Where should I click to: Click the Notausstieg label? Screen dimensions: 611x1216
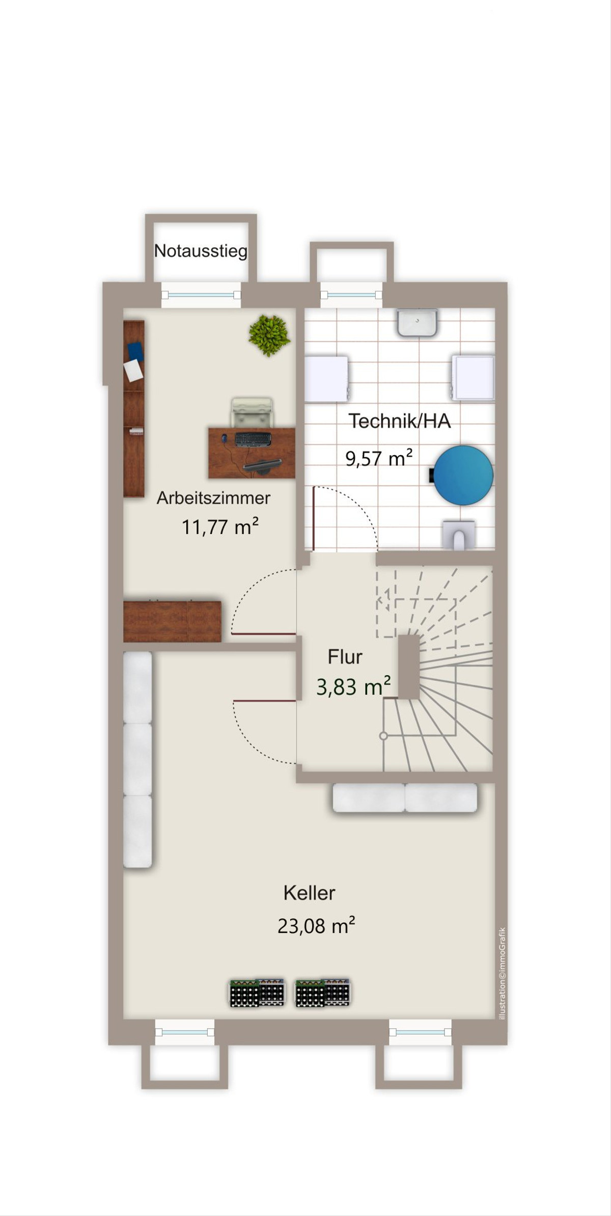(x=201, y=251)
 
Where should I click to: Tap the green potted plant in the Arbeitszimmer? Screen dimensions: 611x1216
(x=269, y=335)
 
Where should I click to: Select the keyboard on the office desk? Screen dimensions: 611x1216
(x=253, y=439)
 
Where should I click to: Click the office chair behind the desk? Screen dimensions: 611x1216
(x=252, y=412)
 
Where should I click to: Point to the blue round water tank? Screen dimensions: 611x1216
(x=463, y=475)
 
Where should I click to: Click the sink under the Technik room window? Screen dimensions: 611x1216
(x=417, y=322)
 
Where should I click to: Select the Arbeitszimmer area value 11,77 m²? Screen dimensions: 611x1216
(x=220, y=527)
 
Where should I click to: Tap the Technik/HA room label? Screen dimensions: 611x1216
(x=400, y=421)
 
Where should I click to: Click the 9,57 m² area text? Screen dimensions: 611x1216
(x=379, y=458)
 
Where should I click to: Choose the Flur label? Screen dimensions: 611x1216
(x=345, y=657)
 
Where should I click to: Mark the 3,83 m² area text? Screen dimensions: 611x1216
(x=353, y=686)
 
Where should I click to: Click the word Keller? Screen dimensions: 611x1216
(x=309, y=893)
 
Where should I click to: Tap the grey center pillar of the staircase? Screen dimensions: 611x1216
(x=409, y=667)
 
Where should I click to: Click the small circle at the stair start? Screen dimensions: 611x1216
(x=383, y=736)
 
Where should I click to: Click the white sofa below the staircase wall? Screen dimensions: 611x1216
(x=405, y=797)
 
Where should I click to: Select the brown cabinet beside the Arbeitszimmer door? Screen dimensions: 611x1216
(x=172, y=621)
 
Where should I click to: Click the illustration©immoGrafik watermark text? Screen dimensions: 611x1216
(x=502, y=973)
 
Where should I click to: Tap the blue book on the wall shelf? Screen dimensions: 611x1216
(x=135, y=352)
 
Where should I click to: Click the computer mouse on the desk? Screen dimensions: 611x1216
(x=224, y=438)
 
